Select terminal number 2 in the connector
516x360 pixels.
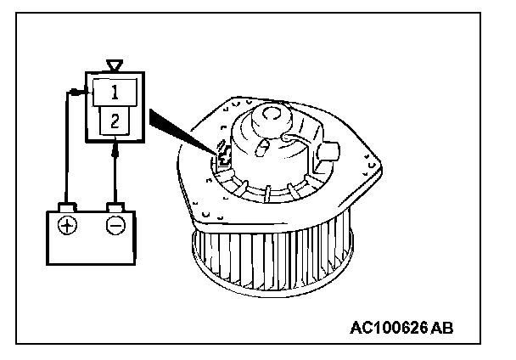click(x=115, y=121)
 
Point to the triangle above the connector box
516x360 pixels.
click(x=115, y=65)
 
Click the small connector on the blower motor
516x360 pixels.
click(x=224, y=155)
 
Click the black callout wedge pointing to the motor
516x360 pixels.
click(x=174, y=127)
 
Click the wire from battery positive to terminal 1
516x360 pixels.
click(x=66, y=144)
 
